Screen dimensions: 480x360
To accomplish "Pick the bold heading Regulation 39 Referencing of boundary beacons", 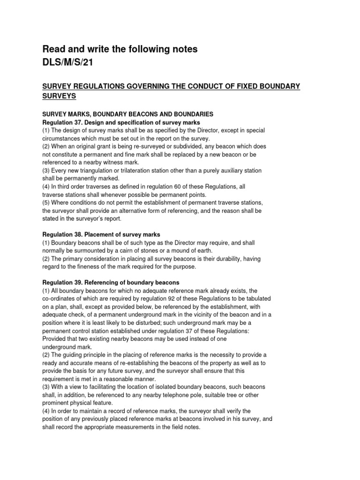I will point(111,283).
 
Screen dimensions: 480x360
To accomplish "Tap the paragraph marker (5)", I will point(47,202).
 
